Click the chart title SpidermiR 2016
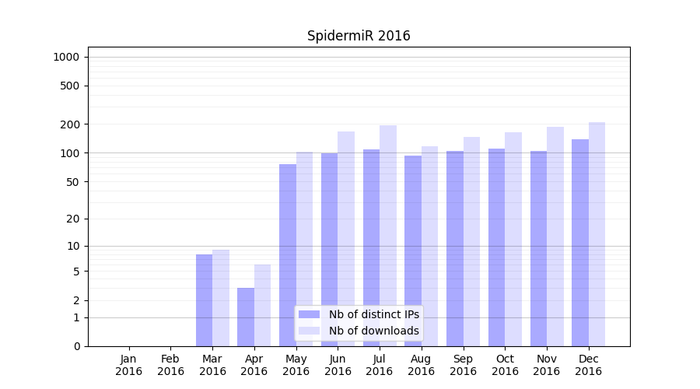click(x=359, y=36)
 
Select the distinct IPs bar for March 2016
click(x=204, y=300)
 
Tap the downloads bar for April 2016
click(x=262, y=305)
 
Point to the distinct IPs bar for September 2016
click(x=455, y=248)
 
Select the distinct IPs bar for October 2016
click(x=496, y=247)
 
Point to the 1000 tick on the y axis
click(x=66, y=57)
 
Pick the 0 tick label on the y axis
click(x=76, y=346)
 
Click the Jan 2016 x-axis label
click(x=129, y=365)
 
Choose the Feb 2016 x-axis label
click(x=170, y=365)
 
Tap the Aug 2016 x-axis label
click(x=422, y=365)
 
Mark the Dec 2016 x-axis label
click(x=588, y=365)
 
